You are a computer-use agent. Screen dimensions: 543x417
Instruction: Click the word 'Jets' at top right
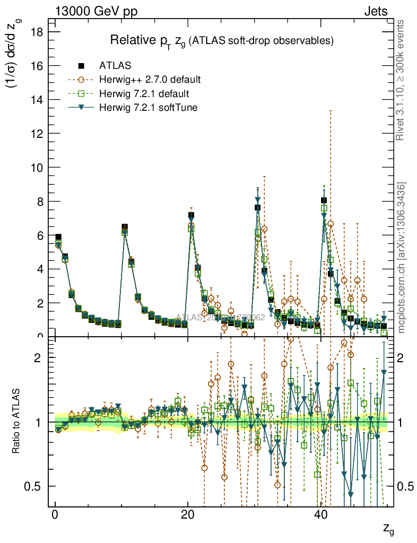(376, 11)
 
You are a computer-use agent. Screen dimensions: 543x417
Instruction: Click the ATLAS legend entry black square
(81, 66)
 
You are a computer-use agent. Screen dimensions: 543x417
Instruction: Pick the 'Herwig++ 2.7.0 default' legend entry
(150, 80)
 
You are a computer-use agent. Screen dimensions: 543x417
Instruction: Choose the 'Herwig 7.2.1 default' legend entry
(144, 94)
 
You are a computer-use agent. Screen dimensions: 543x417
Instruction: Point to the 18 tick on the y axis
(37, 32)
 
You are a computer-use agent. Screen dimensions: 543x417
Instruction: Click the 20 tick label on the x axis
(187, 515)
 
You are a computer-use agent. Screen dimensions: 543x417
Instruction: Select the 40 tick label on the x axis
(320, 515)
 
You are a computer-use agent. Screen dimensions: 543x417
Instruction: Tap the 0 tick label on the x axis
(55, 515)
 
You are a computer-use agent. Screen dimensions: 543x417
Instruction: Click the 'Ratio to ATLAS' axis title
(16, 422)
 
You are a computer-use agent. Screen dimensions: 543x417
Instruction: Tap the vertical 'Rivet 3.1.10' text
(402, 80)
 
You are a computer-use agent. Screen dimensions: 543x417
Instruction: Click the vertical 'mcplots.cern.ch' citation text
(402, 257)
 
